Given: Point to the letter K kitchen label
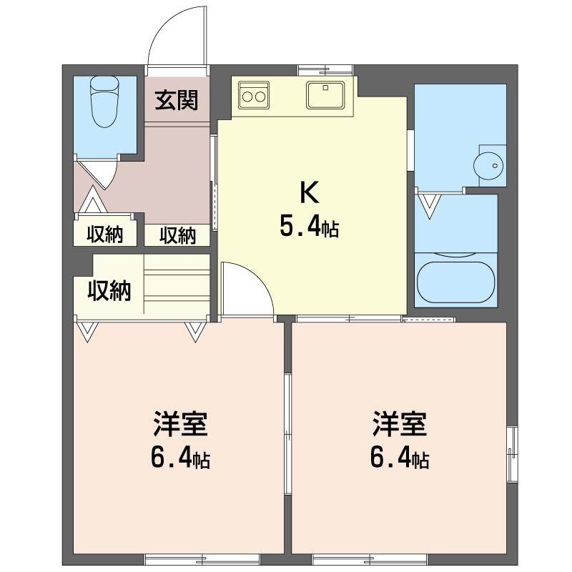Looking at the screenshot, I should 309,193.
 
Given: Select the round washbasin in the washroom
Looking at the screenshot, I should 489,165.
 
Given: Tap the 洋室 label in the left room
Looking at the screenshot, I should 179,425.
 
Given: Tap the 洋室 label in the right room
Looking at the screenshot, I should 399,425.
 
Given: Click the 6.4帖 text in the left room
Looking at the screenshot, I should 179,458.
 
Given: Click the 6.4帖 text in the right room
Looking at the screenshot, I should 399,458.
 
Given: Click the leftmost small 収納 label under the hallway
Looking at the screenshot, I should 105,235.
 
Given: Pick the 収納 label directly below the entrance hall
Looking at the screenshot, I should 177,235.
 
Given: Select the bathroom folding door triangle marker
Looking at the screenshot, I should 429,206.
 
